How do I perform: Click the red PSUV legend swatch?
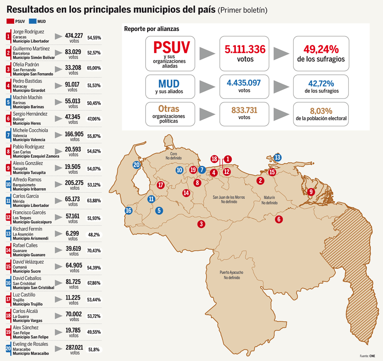10,21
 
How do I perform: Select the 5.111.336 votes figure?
245,49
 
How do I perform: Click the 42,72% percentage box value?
321,84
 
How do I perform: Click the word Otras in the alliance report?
169,108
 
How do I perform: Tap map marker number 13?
277,158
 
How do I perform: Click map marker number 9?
311,192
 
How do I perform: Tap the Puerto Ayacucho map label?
231,272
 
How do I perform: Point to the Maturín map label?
269,198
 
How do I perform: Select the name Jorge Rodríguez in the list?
28,31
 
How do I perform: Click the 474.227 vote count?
74,35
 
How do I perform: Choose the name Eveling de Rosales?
31,344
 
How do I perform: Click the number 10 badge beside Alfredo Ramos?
8,184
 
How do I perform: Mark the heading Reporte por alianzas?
151,29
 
